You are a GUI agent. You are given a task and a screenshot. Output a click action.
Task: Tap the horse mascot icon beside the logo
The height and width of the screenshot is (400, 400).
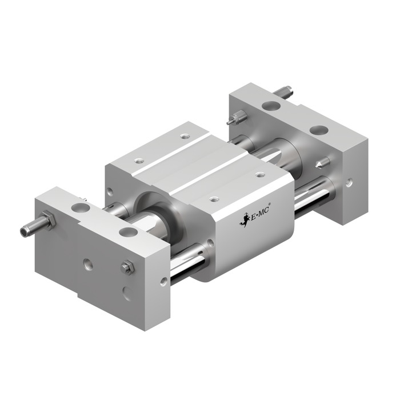[245, 220]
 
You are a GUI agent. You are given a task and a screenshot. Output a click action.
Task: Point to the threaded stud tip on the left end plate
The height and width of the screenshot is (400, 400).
[24, 231]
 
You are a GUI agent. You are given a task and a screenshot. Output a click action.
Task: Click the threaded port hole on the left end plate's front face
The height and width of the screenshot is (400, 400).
[88, 265]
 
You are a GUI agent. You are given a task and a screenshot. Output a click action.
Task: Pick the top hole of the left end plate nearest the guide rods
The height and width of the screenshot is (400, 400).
[129, 232]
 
